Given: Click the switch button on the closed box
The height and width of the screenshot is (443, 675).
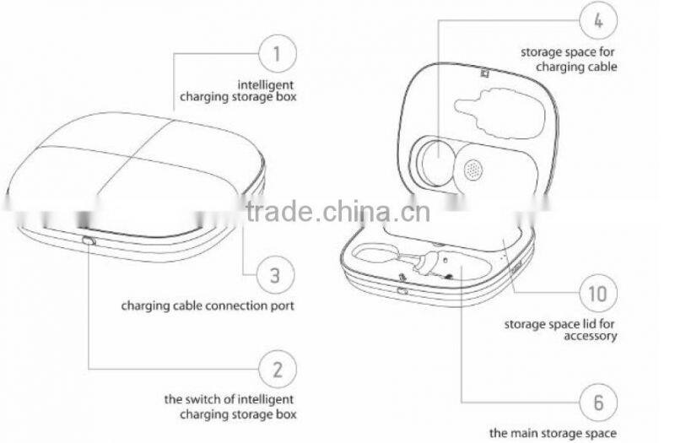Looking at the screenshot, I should tap(89, 242).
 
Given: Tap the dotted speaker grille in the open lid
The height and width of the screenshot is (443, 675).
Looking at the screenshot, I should tap(474, 169).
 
